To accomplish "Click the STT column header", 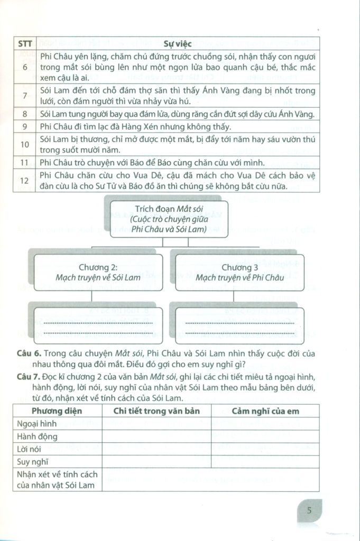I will [x=24, y=44].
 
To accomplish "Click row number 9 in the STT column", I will [x=24, y=127].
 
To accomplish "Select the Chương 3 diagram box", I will [x=238, y=272].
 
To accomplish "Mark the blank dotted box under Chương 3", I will [x=238, y=327].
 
